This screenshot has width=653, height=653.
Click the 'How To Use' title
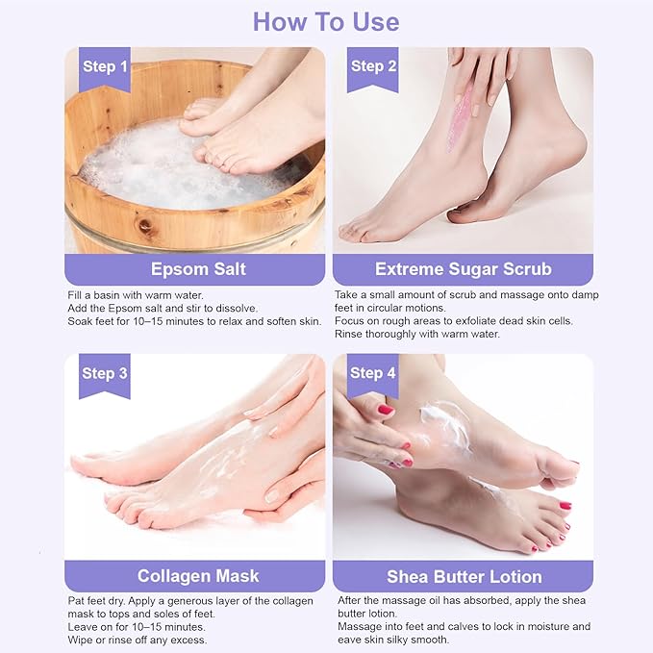tap(326, 21)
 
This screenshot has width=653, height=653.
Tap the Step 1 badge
tap(105, 67)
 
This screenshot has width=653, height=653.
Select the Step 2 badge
tap(373, 67)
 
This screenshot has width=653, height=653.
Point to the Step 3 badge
tap(105, 373)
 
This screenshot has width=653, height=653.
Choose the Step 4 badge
tap(373, 373)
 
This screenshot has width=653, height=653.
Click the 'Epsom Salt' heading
tap(198, 268)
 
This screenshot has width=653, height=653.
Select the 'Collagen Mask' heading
tap(198, 576)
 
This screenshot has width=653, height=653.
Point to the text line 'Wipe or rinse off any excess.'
tap(138, 640)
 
